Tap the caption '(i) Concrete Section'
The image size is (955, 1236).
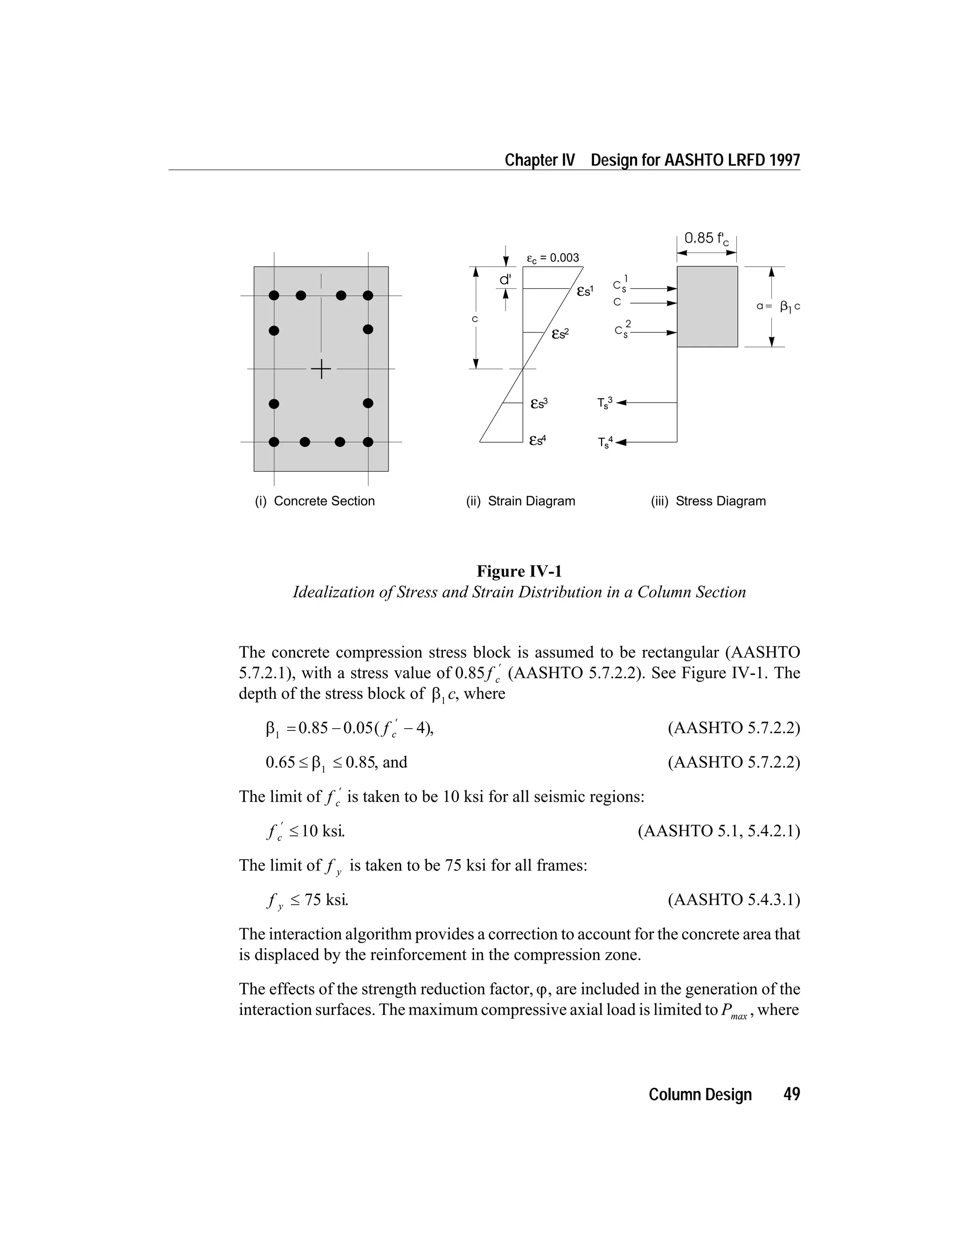click(315, 501)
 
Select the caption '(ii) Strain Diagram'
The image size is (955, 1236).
click(520, 501)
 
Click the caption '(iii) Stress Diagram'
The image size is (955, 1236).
click(708, 501)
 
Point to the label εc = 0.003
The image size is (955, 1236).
click(553, 258)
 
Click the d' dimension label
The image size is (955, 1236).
click(505, 279)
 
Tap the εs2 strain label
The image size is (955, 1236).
click(560, 334)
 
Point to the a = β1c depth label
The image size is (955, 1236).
click(778, 307)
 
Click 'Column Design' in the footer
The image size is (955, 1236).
click(700, 1095)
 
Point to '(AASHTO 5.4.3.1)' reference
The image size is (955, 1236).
click(734, 900)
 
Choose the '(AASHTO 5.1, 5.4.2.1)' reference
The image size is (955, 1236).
click(719, 831)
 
